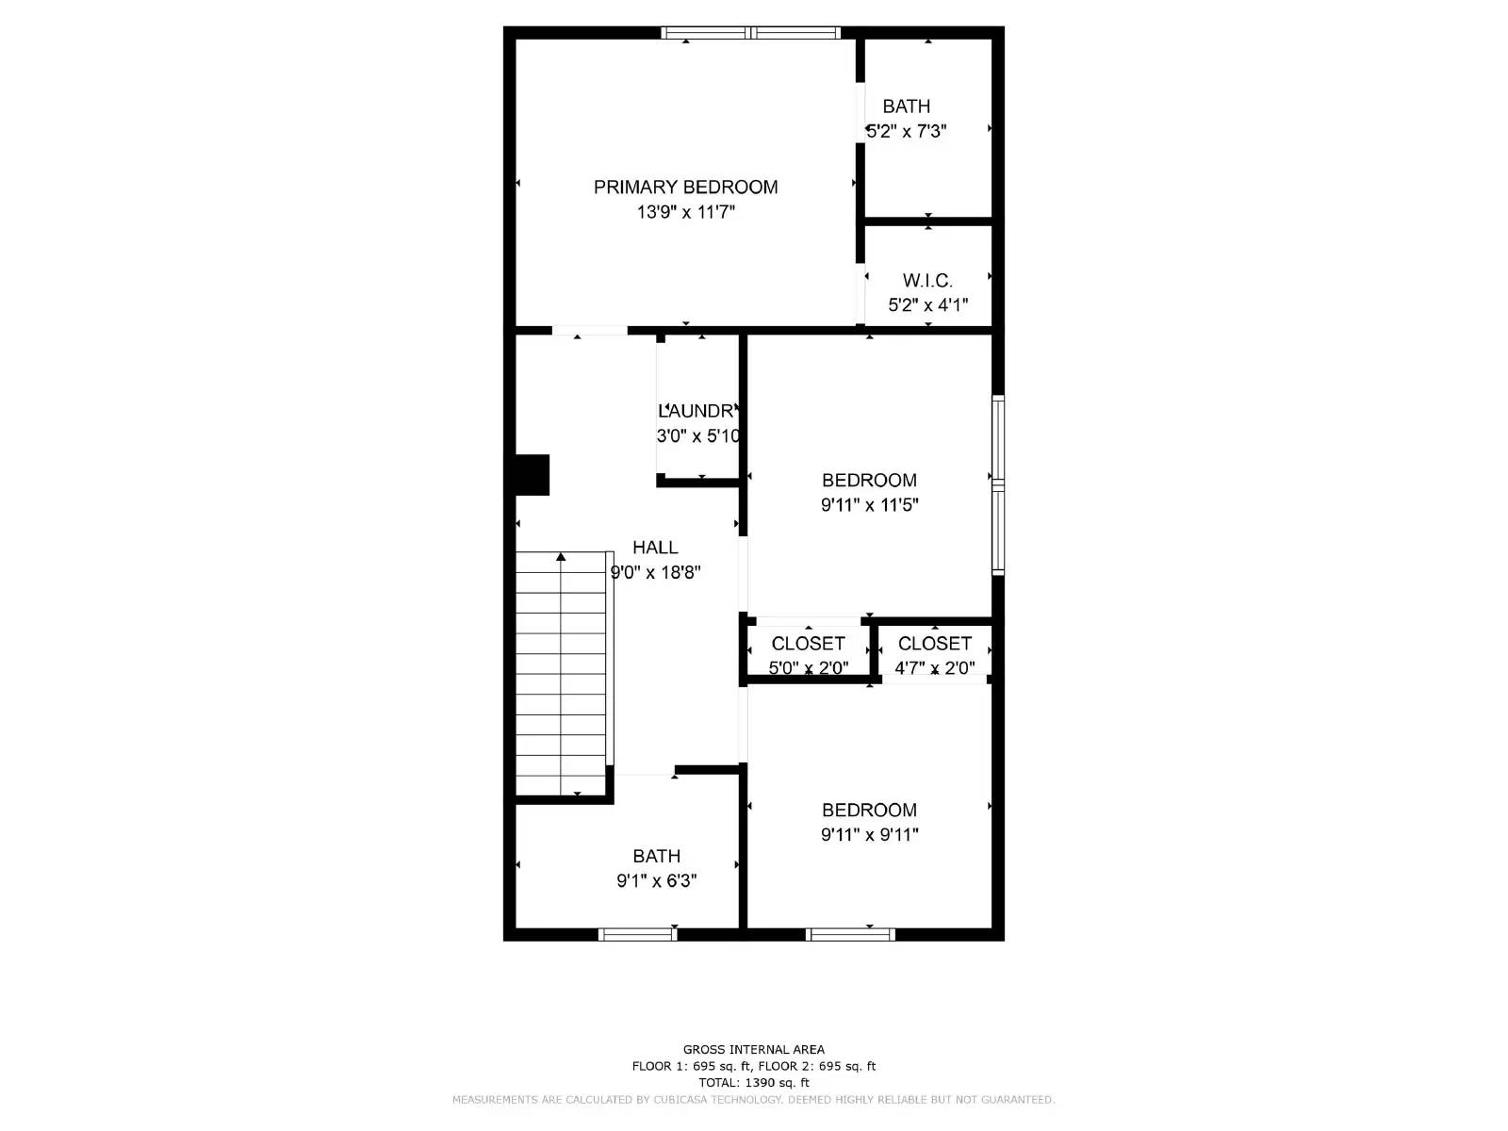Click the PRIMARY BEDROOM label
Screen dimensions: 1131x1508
pyautogui.click(x=685, y=187)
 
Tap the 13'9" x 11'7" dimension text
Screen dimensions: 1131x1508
pyautogui.click(x=685, y=212)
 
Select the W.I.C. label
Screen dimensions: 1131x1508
pyautogui.click(x=927, y=280)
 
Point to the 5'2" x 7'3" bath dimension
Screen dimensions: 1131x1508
pyautogui.click(x=907, y=131)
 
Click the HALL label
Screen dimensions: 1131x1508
pyautogui.click(x=655, y=547)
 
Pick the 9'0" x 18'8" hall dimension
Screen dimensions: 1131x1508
pyautogui.click(x=656, y=572)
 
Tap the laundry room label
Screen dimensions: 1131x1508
pyautogui.click(x=697, y=411)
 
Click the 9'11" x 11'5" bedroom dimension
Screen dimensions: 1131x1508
pyautogui.click(x=869, y=504)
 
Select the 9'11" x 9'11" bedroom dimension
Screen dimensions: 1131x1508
pyautogui.click(x=869, y=834)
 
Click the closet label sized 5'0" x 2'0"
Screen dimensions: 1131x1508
pyautogui.click(x=808, y=644)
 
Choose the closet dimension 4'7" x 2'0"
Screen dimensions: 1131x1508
pyautogui.click(x=934, y=668)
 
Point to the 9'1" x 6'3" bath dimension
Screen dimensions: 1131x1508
pyautogui.click(x=656, y=880)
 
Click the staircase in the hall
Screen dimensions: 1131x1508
pyautogui.click(x=562, y=674)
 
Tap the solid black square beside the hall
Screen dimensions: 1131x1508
pyautogui.click(x=532, y=475)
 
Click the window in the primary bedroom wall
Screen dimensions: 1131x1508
pyautogui.click(x=750, y=33)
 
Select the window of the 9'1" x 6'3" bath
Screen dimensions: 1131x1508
pyautogui.click(x=638, y=934)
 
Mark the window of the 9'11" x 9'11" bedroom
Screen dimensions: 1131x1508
pyautogui.click(x=850, y=934)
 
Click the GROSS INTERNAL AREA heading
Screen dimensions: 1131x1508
pyautogui.click(x=753, y=1049)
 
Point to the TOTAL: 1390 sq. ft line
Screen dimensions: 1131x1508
pyautogui.click(x=753, y=1083)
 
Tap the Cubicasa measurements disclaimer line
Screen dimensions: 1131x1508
pyautogui.click(x=753, y=1100)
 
